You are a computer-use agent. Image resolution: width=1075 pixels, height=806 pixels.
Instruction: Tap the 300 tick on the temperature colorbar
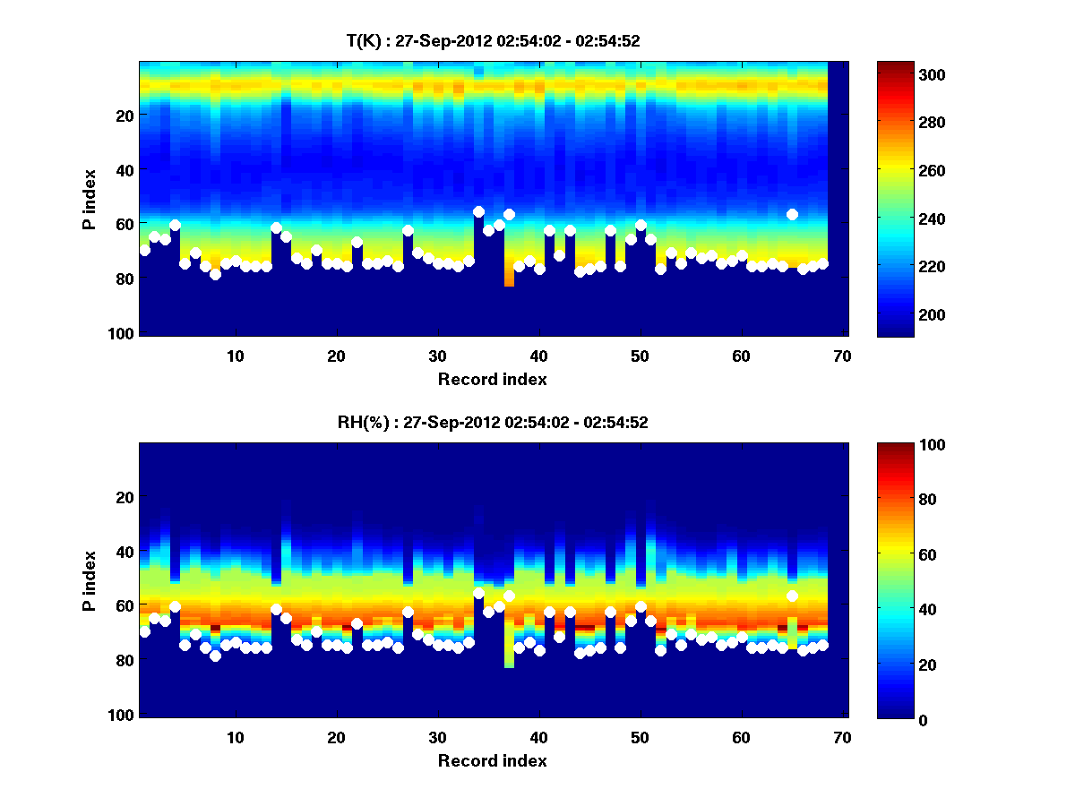898,74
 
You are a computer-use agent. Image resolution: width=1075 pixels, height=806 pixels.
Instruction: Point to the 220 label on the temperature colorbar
898,267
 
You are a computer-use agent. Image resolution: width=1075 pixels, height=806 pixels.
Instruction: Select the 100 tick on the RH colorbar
898,445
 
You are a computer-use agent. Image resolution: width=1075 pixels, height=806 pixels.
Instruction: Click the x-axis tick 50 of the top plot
641,355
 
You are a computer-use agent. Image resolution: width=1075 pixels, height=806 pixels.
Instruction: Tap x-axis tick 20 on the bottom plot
337,736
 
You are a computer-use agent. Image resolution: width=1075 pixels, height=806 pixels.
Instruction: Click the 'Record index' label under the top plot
492,379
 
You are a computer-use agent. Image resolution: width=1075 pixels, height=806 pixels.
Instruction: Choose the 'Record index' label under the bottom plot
492,760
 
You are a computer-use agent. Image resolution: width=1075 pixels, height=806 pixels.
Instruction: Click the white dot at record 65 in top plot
792,214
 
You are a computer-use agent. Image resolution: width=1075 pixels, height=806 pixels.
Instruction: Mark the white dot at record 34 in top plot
478,211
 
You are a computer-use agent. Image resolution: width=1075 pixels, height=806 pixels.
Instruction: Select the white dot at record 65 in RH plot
792,596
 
